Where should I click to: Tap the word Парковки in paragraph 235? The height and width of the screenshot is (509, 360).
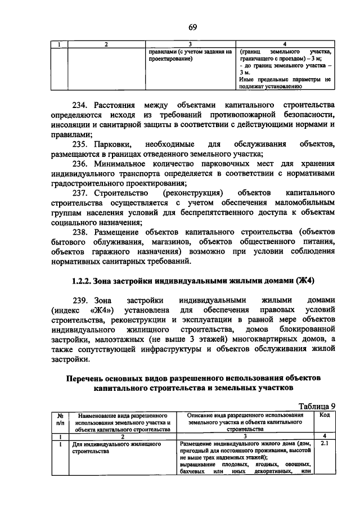[x=116, y=145]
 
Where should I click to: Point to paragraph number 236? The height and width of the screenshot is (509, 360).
[x=82, y=164]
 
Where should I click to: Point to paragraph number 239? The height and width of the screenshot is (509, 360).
[x=82, y=300]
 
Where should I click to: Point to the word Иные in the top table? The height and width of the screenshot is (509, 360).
[x=246, y=79]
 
